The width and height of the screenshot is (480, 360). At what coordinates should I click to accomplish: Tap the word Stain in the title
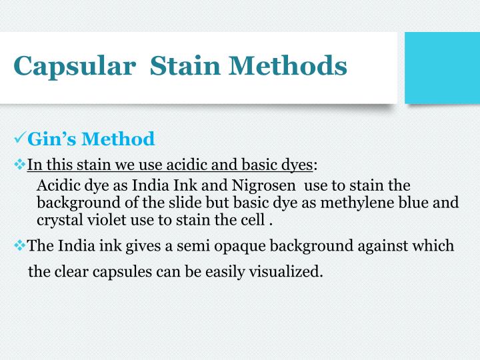(185, 66)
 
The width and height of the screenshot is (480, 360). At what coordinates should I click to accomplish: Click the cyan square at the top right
(442, 67)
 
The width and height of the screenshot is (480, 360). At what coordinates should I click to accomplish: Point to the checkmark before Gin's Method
(19, 139)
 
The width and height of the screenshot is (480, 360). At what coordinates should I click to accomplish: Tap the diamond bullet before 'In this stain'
(19, 164)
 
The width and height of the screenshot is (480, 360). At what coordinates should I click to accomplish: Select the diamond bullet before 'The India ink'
(19, 245)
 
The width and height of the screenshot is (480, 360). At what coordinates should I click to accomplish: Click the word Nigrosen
(266, 185)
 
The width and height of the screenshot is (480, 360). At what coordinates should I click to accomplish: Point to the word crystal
(59, 219)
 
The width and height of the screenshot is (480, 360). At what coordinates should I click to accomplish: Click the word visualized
(288, 271)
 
